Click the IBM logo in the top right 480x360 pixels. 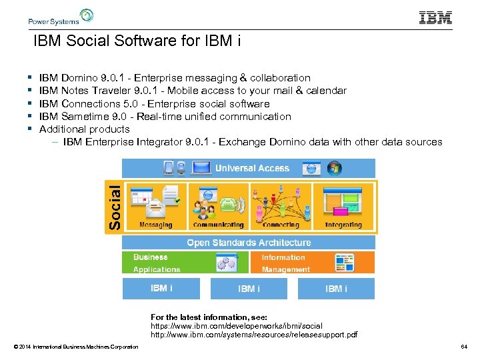[x=435, y=18]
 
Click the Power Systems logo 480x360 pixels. [x=61, y=17]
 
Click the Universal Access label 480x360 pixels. [x=252, y=168]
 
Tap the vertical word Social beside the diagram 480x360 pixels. [x=115, y=198]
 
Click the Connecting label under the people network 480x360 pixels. [x=281, y=225]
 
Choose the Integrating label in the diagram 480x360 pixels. [x=343, y=225]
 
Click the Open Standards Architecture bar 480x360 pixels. [x=249, y=243]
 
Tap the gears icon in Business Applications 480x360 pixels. [x=227, y=263]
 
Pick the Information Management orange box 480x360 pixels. [x=312, y=263]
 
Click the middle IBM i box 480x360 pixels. [x=249, y=289]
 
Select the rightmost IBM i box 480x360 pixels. [x=336, y=289]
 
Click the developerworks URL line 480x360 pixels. [x=237, y=326]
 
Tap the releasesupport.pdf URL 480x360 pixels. [x=254, y=334]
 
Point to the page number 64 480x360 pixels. [x=464, y=347]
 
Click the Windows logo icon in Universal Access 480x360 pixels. [x=334, y=168]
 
